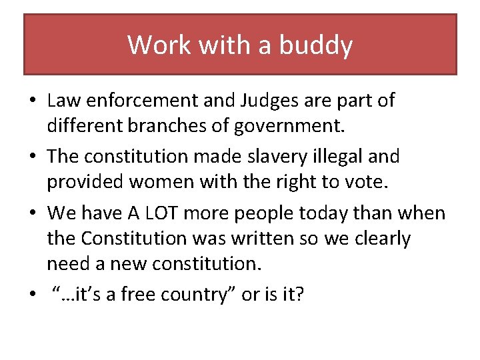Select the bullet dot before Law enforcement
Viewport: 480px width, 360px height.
[32, 101]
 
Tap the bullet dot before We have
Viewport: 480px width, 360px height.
[32, 214]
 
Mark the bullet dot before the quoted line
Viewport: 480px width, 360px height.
[32, 295]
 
